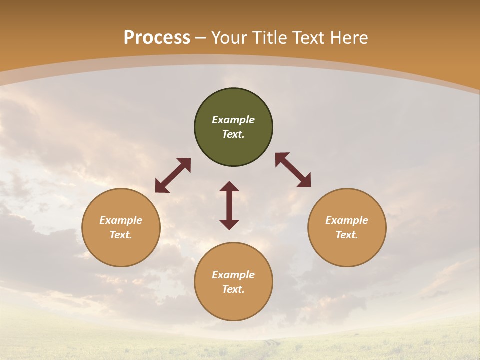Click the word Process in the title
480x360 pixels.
(157, 38)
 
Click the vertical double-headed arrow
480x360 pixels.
(229, 205)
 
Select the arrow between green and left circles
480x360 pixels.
(173, 175)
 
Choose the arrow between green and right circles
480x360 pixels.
(293, 170)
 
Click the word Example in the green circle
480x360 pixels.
(233, 120)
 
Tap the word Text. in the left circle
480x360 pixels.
(121, 235)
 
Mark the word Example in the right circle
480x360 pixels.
(347, 220)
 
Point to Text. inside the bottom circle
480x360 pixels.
(233, 289)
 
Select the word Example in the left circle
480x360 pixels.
(121, 220)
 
